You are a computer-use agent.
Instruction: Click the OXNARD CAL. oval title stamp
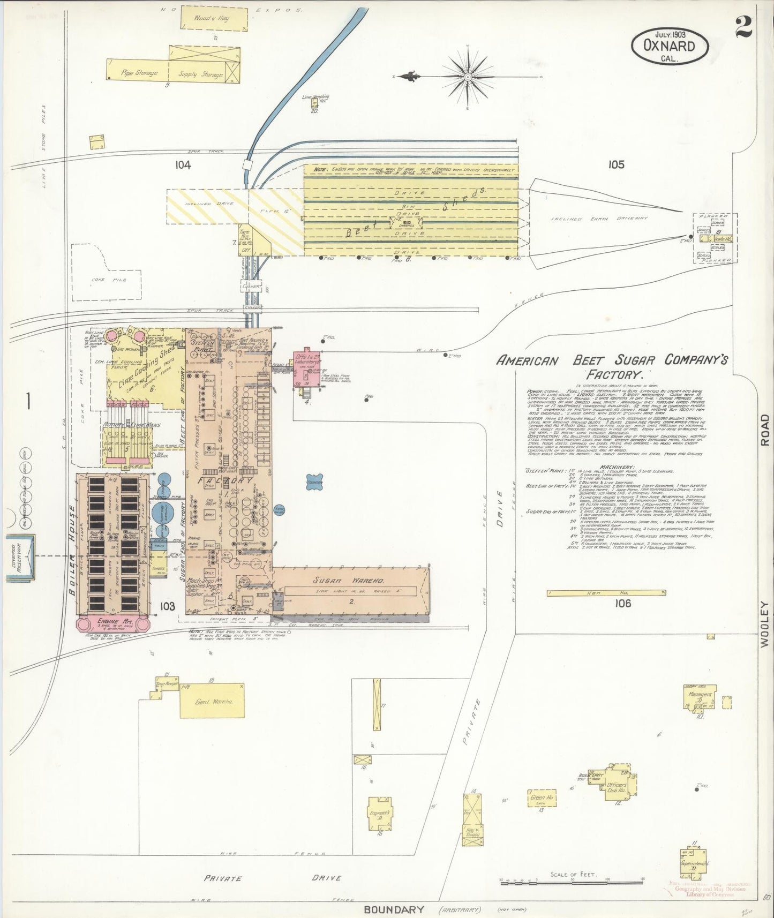coord(670,47)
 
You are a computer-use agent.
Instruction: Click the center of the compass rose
coord(468,77)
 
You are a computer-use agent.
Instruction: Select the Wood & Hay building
coord(214,20)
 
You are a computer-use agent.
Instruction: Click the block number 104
coord(183,165)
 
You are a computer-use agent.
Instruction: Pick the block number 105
coord(616,164)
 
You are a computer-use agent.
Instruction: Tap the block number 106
coord(623,604)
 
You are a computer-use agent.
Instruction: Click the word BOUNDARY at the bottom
coord(394,909)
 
